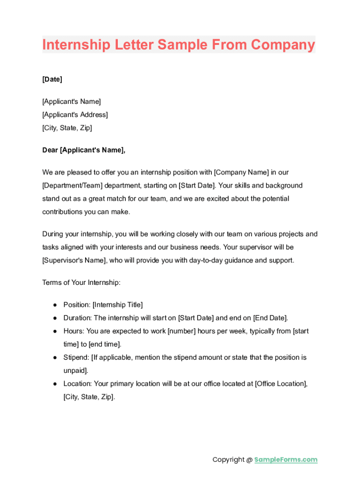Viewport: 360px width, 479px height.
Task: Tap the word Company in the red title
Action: (283, 45)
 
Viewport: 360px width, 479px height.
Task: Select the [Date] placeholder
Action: (52, 79)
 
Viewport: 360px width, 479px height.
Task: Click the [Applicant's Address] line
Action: (75, 115)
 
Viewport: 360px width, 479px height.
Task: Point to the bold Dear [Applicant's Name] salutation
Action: (84, 150)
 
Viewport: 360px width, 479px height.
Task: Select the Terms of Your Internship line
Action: (81, 283)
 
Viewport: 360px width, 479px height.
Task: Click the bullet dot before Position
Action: (55, 305)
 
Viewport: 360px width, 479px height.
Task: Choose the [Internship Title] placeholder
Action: (118, 305)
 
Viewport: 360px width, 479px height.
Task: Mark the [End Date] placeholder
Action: (270, 318)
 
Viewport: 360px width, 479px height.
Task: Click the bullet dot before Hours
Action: (55, 331)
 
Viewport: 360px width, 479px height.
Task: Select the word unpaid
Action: (75, 370)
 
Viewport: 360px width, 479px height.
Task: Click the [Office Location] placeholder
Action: (281, 384)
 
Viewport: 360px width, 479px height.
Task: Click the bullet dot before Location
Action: (55, 384)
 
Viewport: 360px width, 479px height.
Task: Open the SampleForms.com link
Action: (286, 459)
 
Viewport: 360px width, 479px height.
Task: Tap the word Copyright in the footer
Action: (228, 459)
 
